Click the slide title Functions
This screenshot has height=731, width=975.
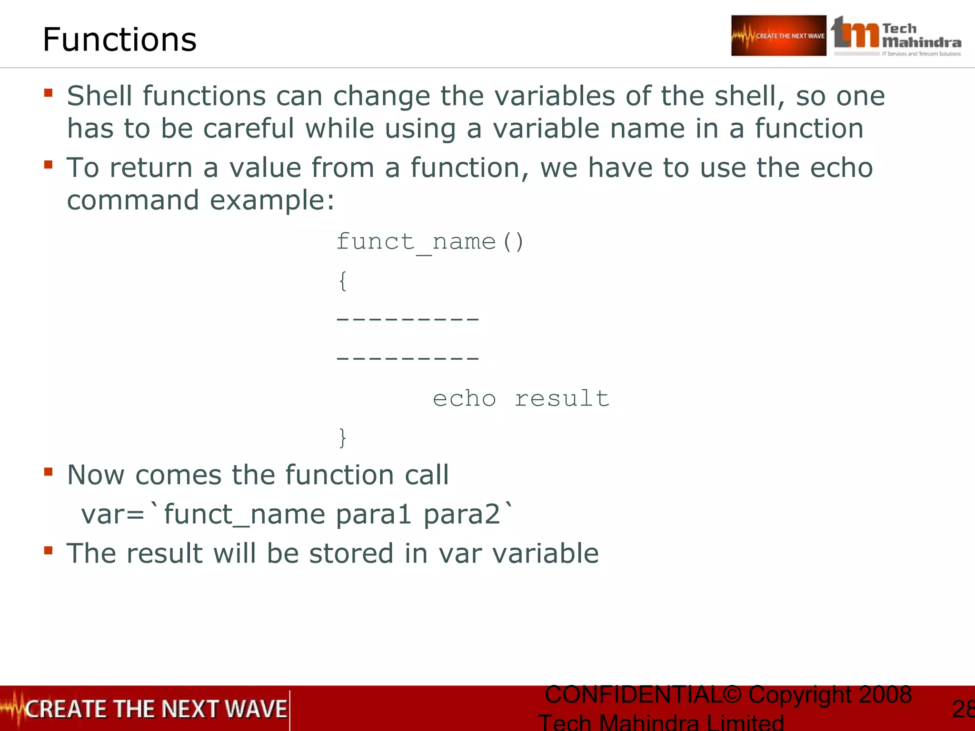(119, 40)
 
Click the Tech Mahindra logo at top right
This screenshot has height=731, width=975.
(896, 36)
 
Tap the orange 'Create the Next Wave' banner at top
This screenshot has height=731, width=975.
(778, 36)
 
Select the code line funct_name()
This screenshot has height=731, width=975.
(430, 242)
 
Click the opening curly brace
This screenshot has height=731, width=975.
(343, 281)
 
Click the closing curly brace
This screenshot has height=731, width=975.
(343, 437)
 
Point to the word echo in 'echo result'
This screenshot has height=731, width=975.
(464, 399)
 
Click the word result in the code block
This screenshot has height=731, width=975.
(562, 399)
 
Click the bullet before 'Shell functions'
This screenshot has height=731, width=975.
(48, 92)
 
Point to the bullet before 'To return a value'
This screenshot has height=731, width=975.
(48, 165)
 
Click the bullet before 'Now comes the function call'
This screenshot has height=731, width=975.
(48, 472)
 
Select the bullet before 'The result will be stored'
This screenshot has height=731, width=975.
(48, 550)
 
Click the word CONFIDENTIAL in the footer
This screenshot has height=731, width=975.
(633, 695)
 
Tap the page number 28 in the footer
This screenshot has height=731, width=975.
(963, 709)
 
